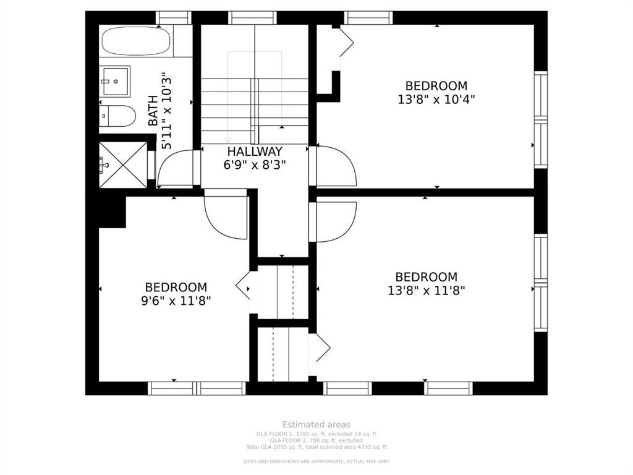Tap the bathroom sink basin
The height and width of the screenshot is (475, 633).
click(x=115, y=81)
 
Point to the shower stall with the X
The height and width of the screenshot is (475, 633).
click(x=124, y=165)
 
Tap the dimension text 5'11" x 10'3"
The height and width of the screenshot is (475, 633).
click(x=166, y=111)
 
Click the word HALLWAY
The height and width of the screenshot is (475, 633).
click(x=255, y=152)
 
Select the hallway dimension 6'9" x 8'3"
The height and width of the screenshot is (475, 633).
click(x=255, y=165)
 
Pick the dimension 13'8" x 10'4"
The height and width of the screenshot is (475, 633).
click(x=436, y=98)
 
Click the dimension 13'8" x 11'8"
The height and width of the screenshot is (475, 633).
click(x=427, y=289)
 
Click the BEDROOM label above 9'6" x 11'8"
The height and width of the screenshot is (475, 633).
click(x=176, y=287)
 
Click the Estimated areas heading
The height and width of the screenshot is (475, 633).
click(x=316, y=424)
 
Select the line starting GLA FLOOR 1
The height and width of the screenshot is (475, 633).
click(x=316, y=434)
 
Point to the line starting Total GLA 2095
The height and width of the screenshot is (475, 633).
click(x=316, y=447)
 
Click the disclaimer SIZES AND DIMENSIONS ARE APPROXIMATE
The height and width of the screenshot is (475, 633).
click(x=316, y=461)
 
